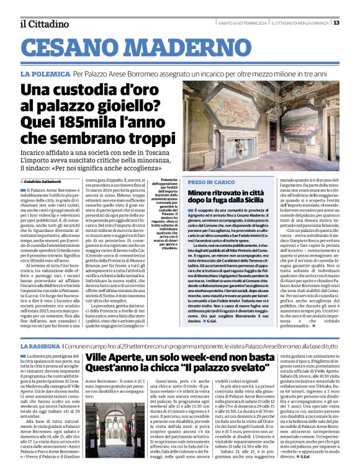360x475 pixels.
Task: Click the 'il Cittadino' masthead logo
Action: tap(43, 24)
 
